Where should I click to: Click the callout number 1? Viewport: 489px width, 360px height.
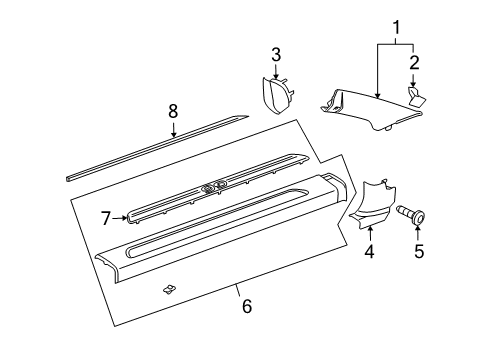(x=396, y=28)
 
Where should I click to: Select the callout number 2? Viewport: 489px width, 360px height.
(x=414, y=62)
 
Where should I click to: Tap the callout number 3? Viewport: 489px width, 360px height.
(x=276, y=55)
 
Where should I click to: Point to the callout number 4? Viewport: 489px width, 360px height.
(x=369, y=251)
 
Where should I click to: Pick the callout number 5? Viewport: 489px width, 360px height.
(x=419, y=251)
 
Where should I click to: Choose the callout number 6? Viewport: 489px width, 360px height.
(x=247, y=306)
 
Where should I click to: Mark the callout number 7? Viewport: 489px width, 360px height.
(x=106, y=218)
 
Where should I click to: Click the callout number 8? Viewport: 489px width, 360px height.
(x=173, y=111)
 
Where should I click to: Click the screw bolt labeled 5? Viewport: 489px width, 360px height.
(x=411, y=215)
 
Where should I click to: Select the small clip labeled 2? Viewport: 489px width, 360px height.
(x=416, y=96)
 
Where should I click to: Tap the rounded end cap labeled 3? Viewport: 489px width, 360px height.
(x=277, y=95)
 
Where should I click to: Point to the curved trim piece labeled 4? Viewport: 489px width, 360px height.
(x=374, y=204)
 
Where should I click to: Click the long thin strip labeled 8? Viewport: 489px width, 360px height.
(x=157, y=148)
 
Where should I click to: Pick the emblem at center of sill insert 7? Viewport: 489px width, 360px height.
(x=213, y=188)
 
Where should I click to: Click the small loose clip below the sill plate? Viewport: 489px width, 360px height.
(x=170, y=289)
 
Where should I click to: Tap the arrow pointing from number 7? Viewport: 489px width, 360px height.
(x=120, y=218)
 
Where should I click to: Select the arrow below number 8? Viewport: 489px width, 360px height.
(x=173, y=130)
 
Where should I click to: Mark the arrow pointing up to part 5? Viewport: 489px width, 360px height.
(x=418, y=233)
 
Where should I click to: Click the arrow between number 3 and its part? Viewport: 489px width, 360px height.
(x=276, y=71)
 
